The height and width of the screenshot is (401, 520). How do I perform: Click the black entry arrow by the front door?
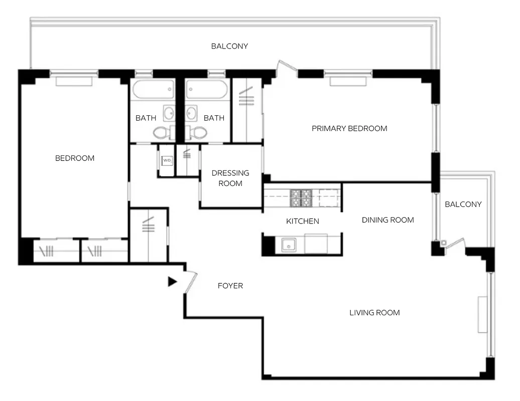[x=172, y=282]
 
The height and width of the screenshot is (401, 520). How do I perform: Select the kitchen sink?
[x=289, y=245]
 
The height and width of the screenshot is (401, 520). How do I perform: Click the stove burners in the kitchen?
[x=301, y=198]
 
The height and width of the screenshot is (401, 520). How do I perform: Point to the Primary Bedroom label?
[x=349, y=128]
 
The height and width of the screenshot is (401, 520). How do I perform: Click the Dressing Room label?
[x=230, y=178]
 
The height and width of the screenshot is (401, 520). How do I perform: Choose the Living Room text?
[x=374, y=313]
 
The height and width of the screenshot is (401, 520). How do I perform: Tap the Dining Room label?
[x=387, y=220]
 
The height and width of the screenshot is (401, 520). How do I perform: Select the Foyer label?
[x=230, y=286]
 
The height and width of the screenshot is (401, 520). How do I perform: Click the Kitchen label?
[x=302, y=221]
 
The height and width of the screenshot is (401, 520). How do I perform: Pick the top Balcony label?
[x=229, y=46]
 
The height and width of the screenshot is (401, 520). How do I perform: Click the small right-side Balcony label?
[x=463, y=204]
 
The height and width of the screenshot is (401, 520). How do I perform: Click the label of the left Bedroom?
[x=75, y=158]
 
